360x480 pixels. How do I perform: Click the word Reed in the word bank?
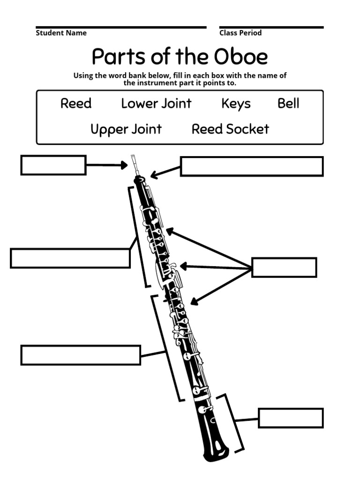[x=76, y=104]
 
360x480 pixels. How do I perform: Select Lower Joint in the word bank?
[x=156, y=104]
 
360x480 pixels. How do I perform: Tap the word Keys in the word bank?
[x=236, y=104]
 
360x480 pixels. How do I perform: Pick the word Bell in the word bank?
[x=288, y=104]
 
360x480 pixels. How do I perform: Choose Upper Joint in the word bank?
[x=126, y=129]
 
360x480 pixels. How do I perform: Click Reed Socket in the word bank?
[x=230, y=129]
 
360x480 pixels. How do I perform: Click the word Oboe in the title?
[x=240, y=57]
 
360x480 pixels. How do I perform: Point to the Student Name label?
[x=61, y=33]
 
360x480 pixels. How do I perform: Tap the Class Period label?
[x=240, y=33]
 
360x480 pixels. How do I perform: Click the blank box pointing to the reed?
[x=53, y=165]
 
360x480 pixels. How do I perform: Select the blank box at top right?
[x=252, y=166]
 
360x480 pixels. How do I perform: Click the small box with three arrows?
[x=284, y=267]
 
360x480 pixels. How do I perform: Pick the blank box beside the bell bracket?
[x=291, y=418]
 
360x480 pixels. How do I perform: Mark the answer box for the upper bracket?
[x=70, y=258]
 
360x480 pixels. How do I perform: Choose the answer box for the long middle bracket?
[x=81, y=355]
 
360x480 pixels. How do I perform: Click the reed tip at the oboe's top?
[x=134, y=159]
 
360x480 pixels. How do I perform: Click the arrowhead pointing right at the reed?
[x=124, y=165]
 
